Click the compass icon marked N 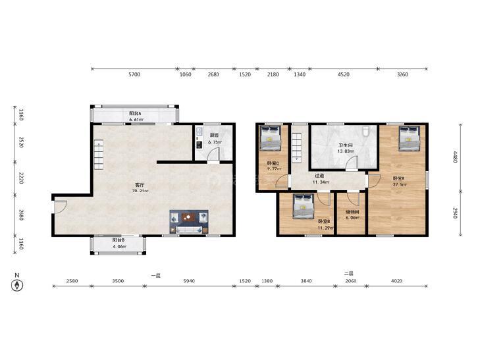17,286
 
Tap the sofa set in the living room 189,222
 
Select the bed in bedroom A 409,138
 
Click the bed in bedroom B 304,206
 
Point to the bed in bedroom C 271,138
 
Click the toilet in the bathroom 365,131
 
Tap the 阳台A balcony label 135,113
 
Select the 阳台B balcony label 118,240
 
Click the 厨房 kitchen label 214,135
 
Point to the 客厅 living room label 140,185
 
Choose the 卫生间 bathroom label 346,145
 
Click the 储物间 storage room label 352,212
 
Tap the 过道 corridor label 319,176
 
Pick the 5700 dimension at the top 134,74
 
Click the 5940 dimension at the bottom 189,281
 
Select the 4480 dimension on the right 454,157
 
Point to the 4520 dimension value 343,74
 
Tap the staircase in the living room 99,155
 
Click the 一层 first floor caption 156,276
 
